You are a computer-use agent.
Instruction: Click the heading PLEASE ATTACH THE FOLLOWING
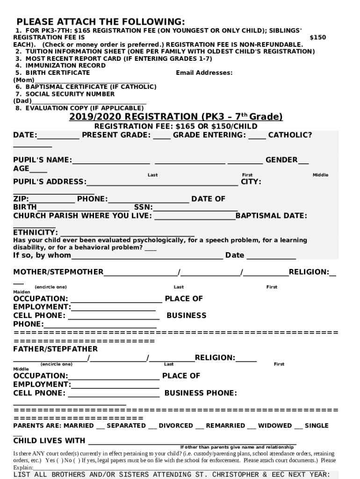point(101,22)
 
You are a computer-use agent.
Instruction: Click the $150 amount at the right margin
point(318,37)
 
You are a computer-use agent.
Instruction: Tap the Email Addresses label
point(204,73)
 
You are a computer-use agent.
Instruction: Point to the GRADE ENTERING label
point(209,135)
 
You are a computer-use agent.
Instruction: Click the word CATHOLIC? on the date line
point(290,135)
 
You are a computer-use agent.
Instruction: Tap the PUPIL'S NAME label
point(42,160)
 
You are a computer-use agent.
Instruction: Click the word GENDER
point(281,160)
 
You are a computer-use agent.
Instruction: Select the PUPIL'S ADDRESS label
point(50,181)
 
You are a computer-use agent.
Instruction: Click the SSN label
point(144,207)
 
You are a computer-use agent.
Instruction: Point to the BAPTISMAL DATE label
point(271,216)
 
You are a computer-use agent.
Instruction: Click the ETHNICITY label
point(35,232)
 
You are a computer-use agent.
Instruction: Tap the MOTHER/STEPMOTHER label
point(58,272)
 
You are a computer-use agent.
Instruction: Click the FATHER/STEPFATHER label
point(55,349)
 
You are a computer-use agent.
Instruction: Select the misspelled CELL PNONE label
point(39,393)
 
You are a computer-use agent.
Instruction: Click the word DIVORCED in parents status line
point(175,425)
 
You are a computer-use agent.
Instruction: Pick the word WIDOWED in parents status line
point(274,425)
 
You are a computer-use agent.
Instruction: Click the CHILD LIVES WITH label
point(49,440)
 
